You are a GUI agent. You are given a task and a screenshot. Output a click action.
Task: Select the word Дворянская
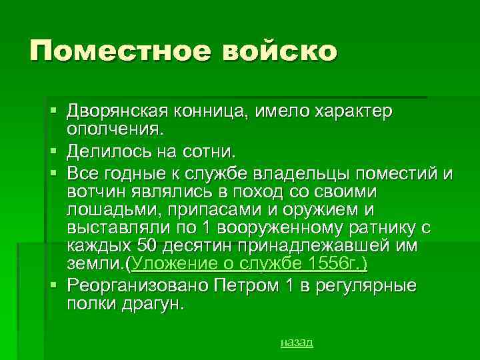pos(117,109)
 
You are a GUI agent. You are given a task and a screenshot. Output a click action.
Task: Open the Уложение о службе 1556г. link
pos(250,264)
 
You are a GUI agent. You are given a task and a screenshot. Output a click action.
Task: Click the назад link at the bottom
pos(296,342)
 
